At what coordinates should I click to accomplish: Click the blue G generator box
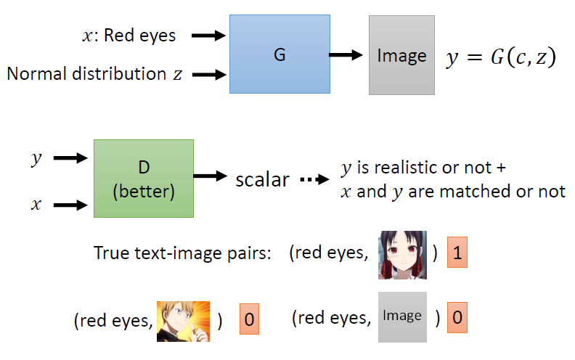279,54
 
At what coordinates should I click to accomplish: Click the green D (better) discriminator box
143,179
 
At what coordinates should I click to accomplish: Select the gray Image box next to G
401,56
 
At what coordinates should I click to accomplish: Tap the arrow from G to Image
348,54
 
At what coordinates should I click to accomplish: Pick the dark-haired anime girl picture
402,255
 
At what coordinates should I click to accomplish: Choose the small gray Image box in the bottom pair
402,316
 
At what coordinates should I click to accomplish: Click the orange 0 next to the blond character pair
249,320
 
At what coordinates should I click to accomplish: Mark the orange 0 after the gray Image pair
457,317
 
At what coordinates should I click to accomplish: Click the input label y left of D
34,158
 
